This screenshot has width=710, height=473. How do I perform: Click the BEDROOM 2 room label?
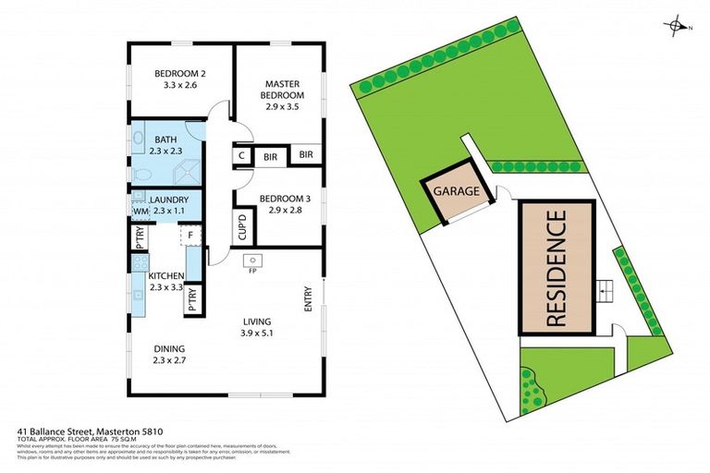(x=180, y=79)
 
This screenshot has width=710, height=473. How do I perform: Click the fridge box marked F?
(x=190, y=236)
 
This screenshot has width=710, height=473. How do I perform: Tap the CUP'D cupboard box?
(x=242, y=225)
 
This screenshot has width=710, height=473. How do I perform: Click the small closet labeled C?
(x=242, y=156)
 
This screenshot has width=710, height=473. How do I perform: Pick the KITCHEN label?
(x=166, y=282)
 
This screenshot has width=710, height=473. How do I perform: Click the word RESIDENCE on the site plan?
(x=556, y=268)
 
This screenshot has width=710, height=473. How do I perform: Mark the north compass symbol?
(x=677, y=28)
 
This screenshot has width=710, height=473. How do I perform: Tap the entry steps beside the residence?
(x=606, y=292)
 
